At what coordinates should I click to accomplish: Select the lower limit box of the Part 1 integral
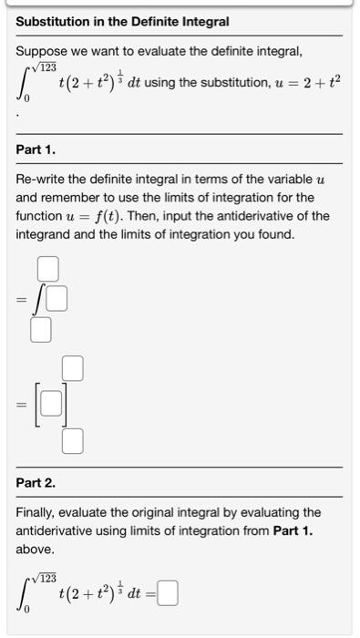click(x=40, y=329)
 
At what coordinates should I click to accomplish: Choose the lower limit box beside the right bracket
click(x=74, y=443)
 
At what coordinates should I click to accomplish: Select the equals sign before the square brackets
click(x=21, y=406)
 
